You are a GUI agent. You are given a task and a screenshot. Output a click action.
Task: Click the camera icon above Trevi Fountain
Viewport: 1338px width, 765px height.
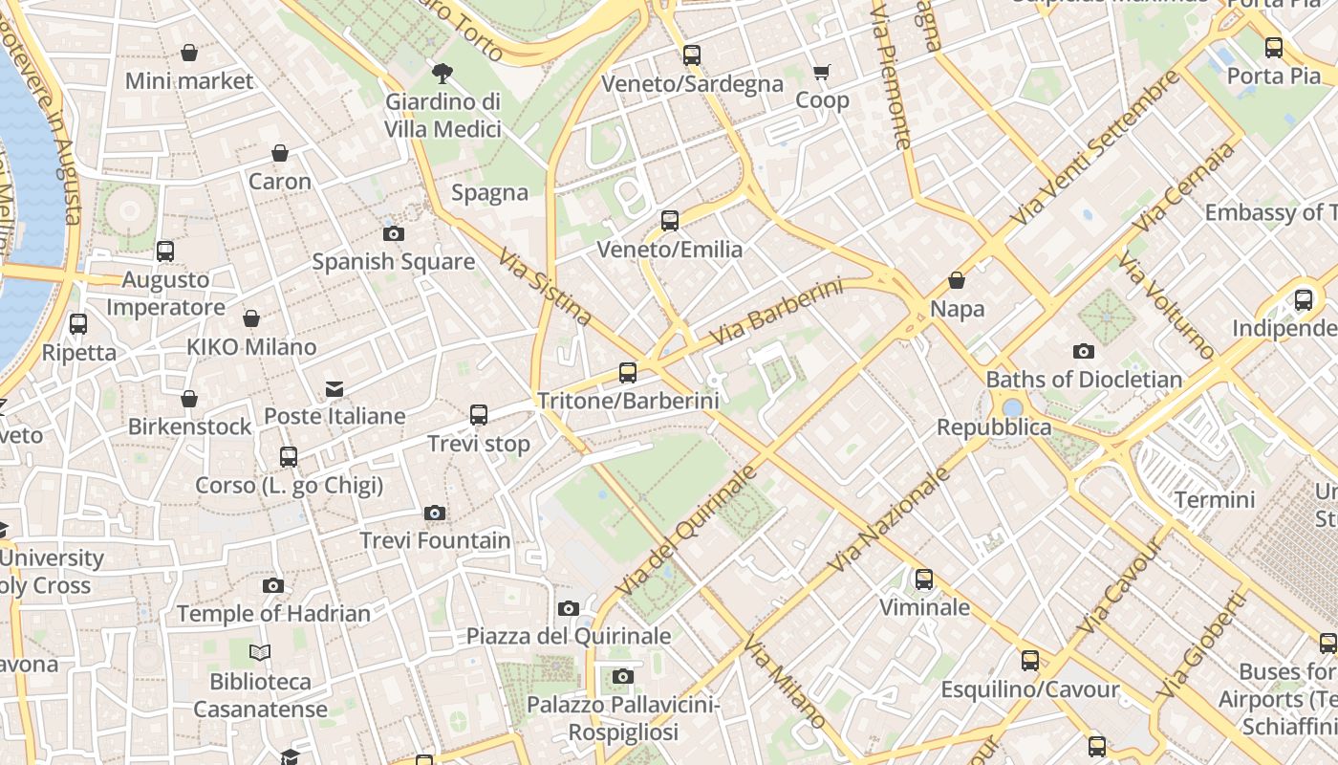click(x=435, y=514)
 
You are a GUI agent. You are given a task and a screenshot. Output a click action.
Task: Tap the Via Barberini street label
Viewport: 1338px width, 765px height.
click(x=777, y=313)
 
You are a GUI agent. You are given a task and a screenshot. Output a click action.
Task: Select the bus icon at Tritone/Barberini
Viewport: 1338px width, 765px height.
click(x=628, y=373)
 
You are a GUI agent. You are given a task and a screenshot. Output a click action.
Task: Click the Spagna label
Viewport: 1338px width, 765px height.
click(x=489, y=193)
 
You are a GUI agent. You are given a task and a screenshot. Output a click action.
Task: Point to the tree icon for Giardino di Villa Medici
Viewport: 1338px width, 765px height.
click(x=442, y=73)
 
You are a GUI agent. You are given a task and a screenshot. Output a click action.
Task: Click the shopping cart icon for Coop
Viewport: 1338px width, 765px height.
click(x=821, y=72)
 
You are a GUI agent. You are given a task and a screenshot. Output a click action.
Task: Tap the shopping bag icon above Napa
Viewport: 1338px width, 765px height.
click(x=957, y=281)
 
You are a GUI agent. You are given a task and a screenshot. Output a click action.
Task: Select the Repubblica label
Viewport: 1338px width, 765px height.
click(x=994, y=427)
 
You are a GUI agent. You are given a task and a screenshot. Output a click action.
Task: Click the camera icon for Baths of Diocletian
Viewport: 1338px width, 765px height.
click(x=1083, y=351)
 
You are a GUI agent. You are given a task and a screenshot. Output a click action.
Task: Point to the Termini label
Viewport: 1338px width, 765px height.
click(x=1215, y=499)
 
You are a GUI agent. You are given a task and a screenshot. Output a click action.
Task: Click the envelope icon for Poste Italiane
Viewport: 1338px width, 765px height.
click(x=334, y=388)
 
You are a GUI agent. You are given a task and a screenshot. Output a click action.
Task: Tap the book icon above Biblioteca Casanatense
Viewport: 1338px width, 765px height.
click(x=260, y=653)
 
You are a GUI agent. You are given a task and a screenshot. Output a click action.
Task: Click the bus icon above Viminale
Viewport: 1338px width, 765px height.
click(x=924, y=579)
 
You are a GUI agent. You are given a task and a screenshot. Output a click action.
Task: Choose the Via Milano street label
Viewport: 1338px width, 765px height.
click(x=785, y=680)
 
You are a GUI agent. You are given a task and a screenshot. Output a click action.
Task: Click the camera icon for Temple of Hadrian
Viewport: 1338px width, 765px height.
click(x=273, y=585)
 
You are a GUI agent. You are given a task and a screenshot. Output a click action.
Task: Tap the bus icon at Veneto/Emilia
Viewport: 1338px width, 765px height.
click(x=670, y=221)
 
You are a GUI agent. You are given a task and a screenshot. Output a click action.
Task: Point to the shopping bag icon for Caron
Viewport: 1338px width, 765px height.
click(x=280, y=153)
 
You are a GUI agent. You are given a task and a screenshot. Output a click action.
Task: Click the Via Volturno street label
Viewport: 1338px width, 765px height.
click(x=1164, y=305)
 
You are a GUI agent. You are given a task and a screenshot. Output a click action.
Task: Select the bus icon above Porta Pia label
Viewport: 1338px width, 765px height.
click(x=1273, y=48)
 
